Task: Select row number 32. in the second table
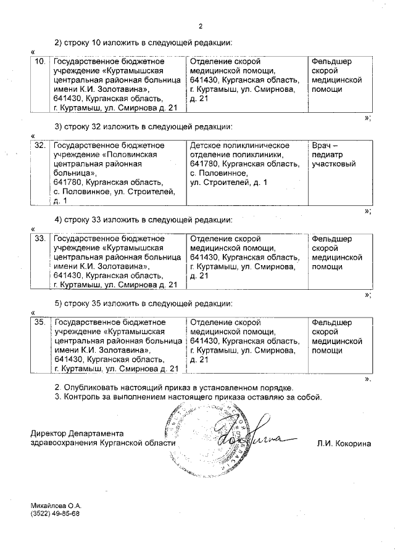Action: (40, 146)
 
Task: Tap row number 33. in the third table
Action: (40, 239)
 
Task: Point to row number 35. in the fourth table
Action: (40, 322)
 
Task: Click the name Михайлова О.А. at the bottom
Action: (56, 504)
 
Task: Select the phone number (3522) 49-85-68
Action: (55, 513)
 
